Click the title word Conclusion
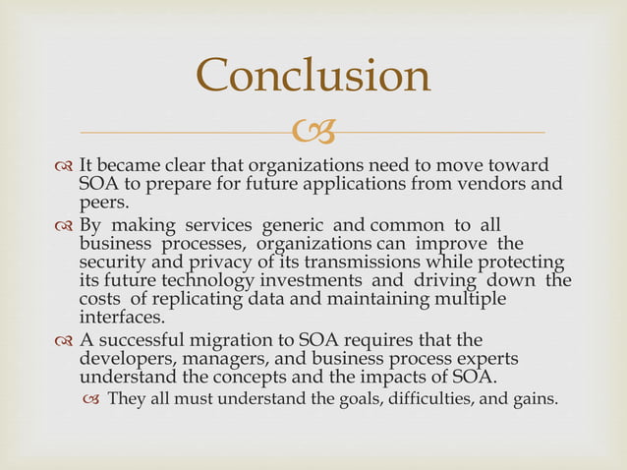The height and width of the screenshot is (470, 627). (x=313, y=76)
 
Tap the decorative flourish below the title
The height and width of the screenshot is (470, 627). (x=314, y=130)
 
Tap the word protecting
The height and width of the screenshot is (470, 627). (x=517, y=261)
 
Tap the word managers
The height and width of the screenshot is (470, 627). (x=216, y=357)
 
